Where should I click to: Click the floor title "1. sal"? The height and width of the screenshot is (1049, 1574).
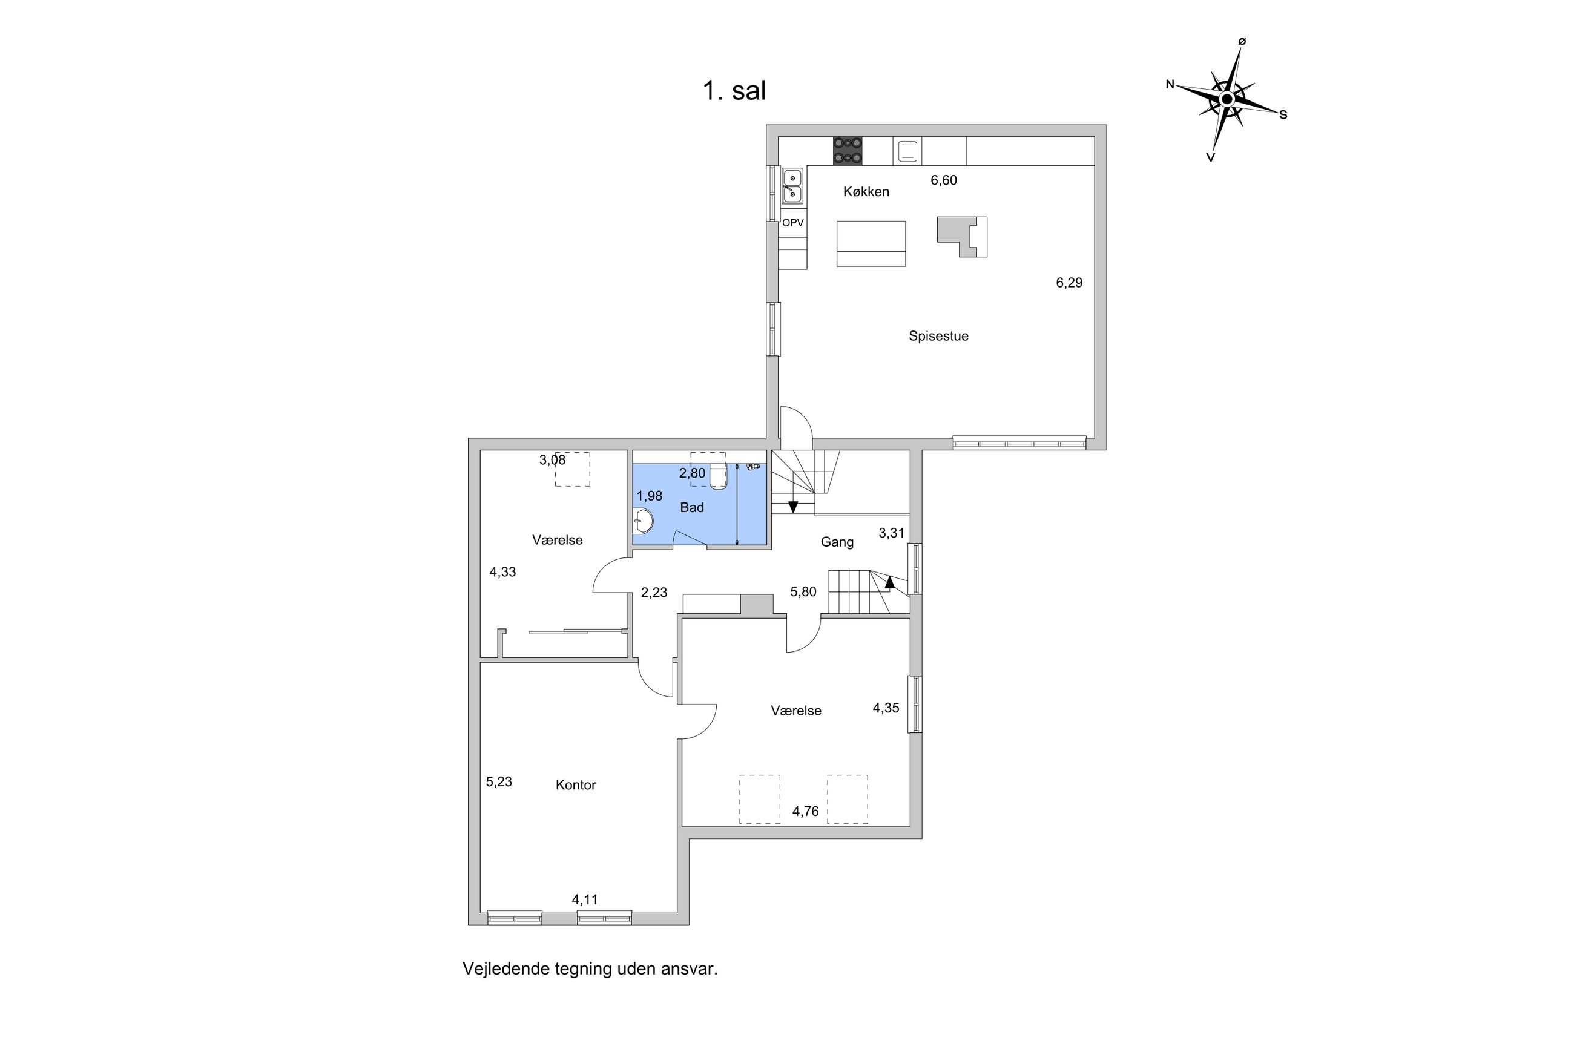[734, 91]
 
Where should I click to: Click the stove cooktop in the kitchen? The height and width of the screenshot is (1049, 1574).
[847, 151]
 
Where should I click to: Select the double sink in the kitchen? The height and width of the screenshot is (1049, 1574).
[792, 186]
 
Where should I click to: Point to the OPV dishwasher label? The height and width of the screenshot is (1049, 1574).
[792, 223]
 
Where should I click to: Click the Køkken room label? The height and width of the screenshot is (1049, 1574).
[866, 192]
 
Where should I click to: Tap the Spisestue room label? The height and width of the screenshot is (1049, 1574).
[938, 337]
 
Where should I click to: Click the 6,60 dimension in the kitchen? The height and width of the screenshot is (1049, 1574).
[943, 180]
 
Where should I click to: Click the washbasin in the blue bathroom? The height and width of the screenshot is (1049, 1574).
[644, 521]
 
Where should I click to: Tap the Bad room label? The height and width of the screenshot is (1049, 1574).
[692, 508]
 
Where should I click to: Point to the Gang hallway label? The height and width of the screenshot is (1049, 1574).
[836, 542]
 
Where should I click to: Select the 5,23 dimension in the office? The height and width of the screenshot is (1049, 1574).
[498, 781]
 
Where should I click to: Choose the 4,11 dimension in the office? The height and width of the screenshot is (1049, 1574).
[584, 900]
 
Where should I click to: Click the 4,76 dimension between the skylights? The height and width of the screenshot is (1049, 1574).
[805, 812]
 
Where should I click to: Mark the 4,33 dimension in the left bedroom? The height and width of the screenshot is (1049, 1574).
[502, 572]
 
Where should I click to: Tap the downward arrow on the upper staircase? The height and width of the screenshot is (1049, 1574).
[792, 507]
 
